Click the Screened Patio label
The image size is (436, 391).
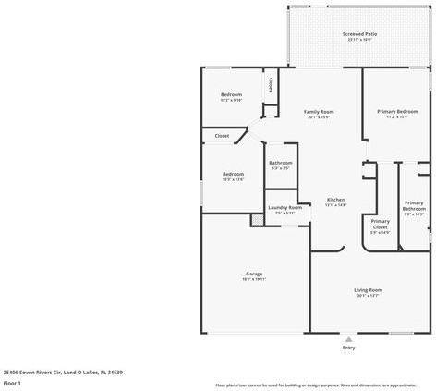point(359,35)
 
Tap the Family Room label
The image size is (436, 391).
point(318,113)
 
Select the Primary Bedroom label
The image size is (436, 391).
point(392,113)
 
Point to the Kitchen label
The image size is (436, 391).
point(335,201)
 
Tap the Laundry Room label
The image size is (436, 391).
point(285,208)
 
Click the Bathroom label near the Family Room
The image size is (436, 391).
point(280,164)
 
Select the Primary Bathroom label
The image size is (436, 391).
point(414,206)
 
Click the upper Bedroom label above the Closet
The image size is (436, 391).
point(231,95)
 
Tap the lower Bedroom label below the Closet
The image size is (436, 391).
point(233,175)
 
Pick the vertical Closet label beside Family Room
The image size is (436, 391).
point(270,84)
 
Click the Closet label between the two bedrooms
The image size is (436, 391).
point(222,136)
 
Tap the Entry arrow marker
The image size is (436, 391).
point(348,337)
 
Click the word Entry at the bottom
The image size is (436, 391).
point(348,348)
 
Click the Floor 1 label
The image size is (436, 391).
point(12,383)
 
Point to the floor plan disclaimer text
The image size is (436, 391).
point(315,385)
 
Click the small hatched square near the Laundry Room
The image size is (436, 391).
point(257,219)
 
